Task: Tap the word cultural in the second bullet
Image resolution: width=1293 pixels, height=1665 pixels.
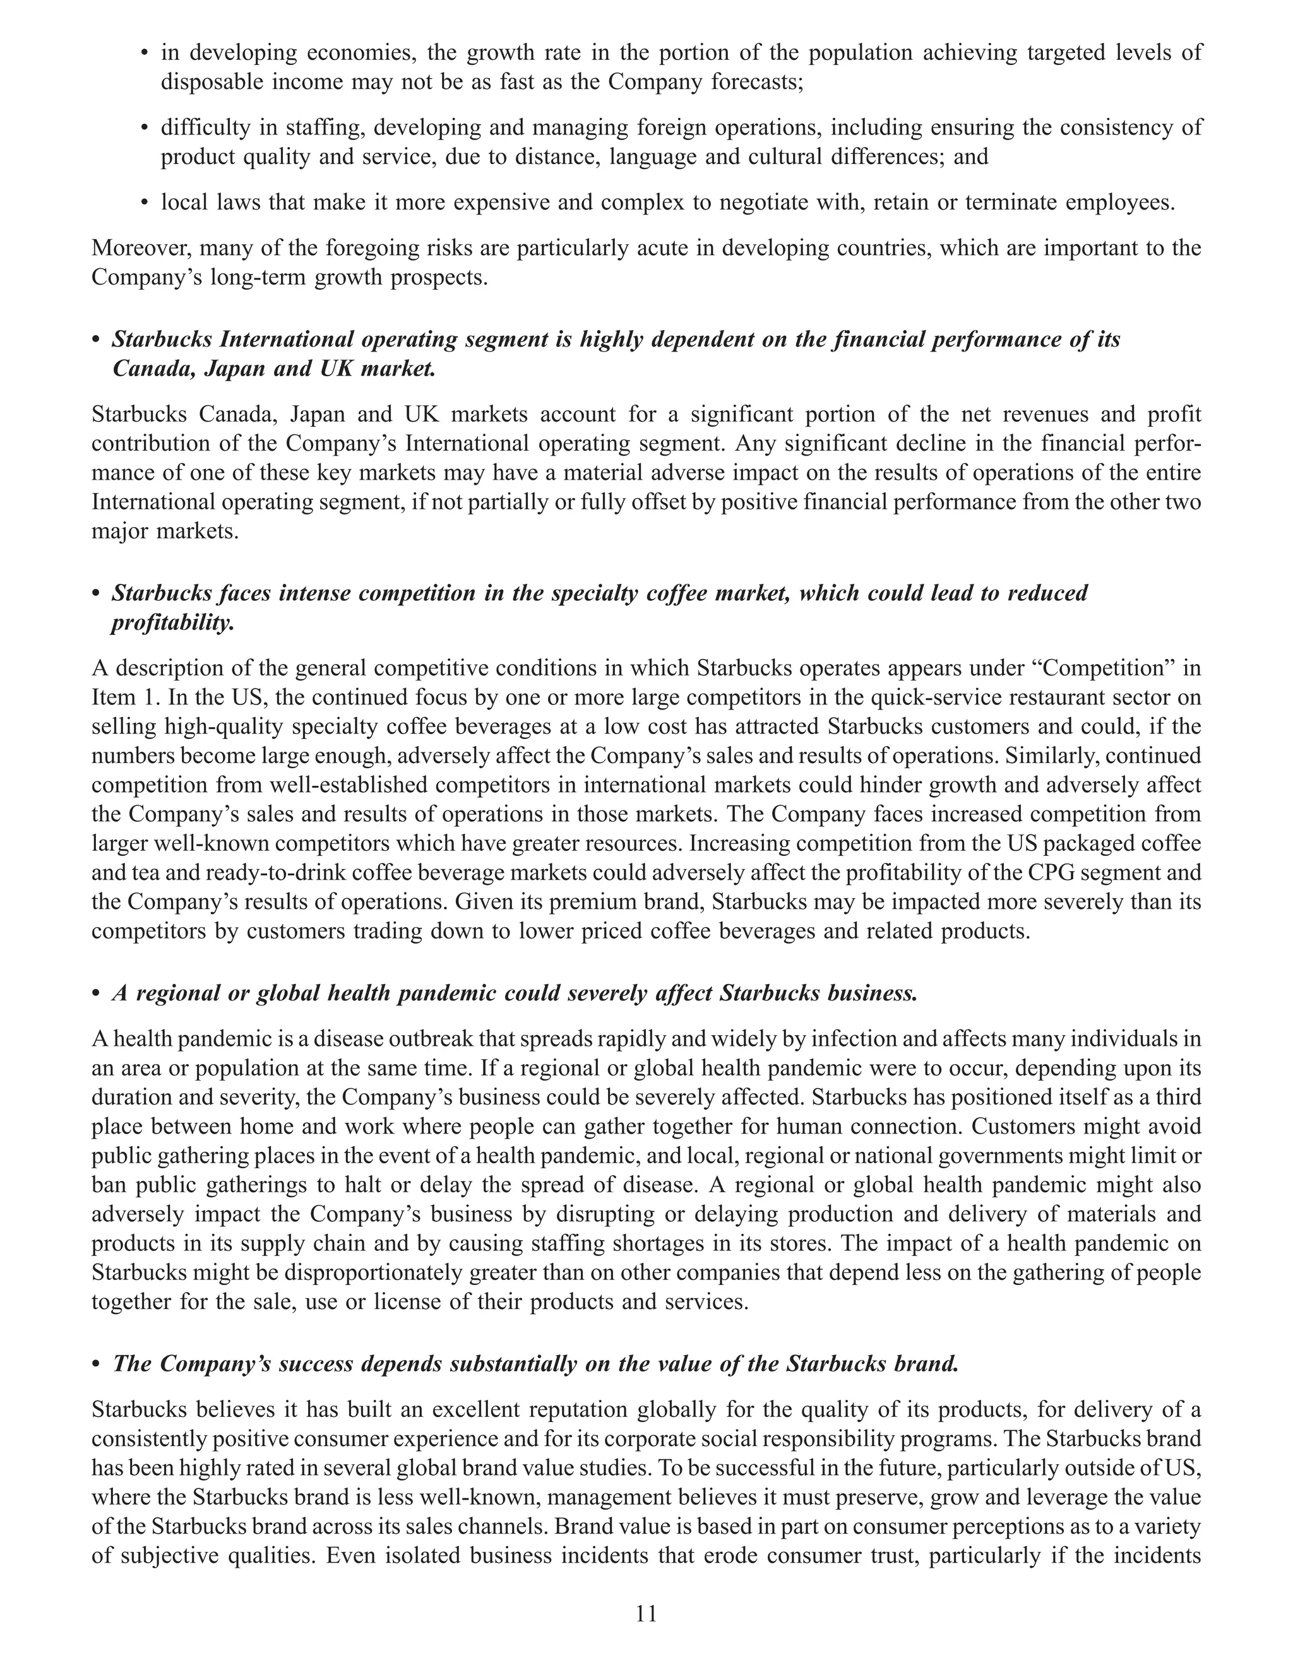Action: pos(794,157)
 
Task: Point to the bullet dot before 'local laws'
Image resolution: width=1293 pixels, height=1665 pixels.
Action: pos(144,203)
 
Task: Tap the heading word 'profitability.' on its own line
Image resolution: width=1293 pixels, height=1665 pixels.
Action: pos(172,623)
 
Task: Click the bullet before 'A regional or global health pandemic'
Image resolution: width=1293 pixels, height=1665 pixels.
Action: pos(96,994)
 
